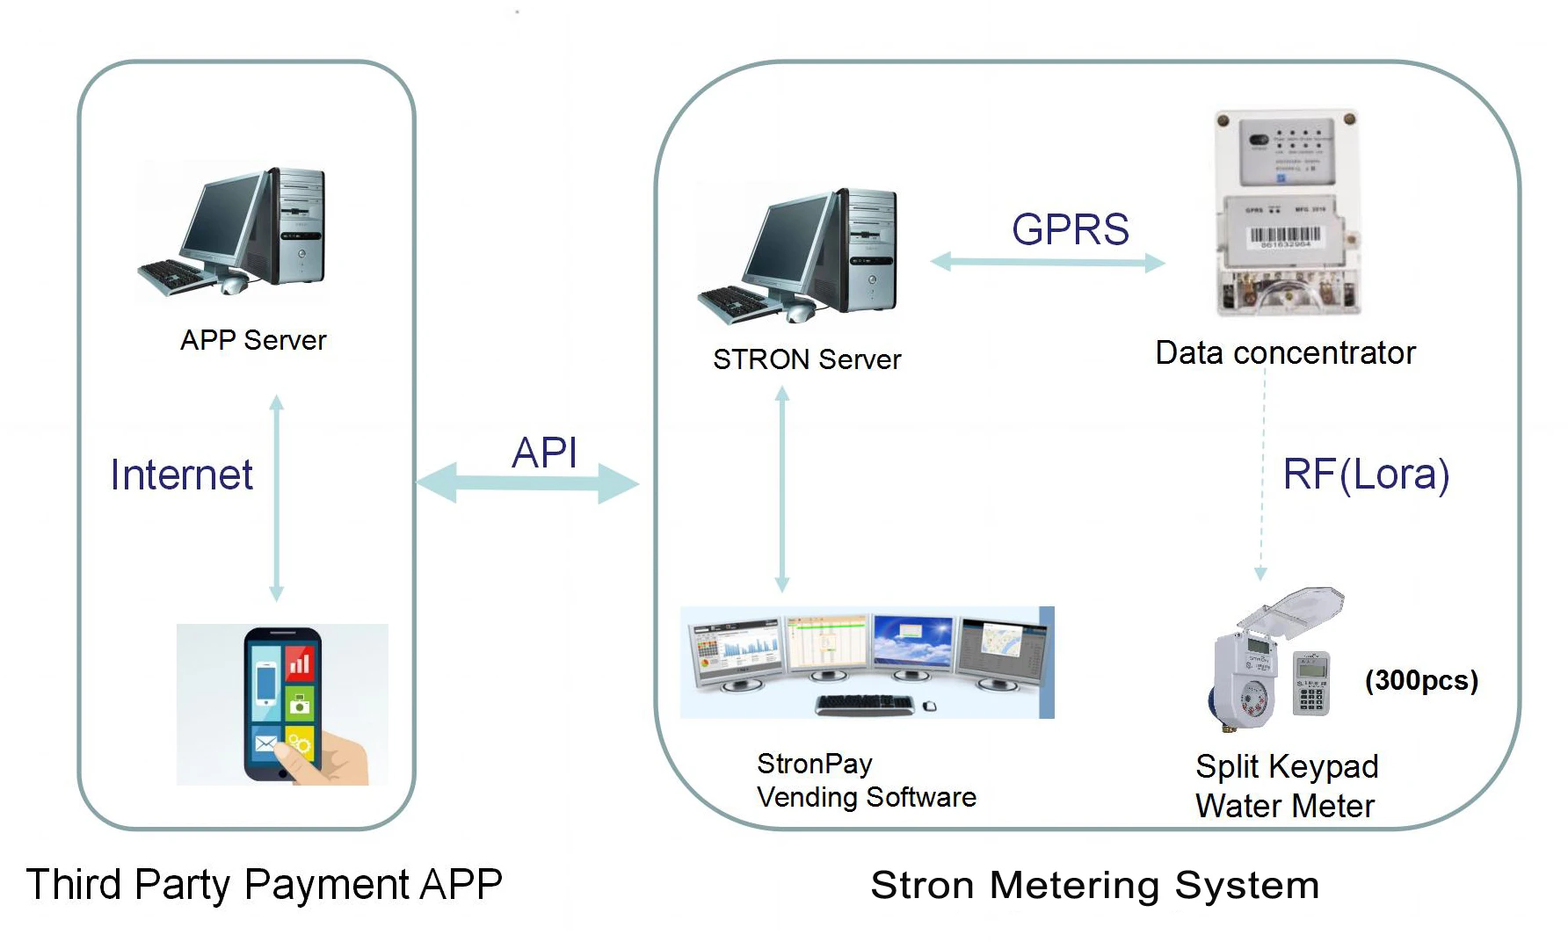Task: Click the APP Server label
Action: point(253,340)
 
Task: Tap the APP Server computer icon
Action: point(234,231)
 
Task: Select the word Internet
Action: point(181,475)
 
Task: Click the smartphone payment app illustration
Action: point(282,704)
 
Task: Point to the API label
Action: point(545,453)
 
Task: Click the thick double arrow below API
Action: point(527,483)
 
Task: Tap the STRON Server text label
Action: point(807,359)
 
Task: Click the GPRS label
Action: point(1070,230)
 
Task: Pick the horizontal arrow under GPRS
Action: point(1048,262)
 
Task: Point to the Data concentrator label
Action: point(1285,353)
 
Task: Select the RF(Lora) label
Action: point(1366,475)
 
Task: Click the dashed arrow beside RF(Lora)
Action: point(1263,475)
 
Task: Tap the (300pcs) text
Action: point(1421,680)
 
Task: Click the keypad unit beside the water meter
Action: point(1311,684)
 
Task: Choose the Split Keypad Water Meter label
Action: point(1286,786)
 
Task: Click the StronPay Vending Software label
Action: point(866,780)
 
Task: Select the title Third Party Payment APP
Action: point(265,884)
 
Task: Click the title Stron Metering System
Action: point(1094,885)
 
